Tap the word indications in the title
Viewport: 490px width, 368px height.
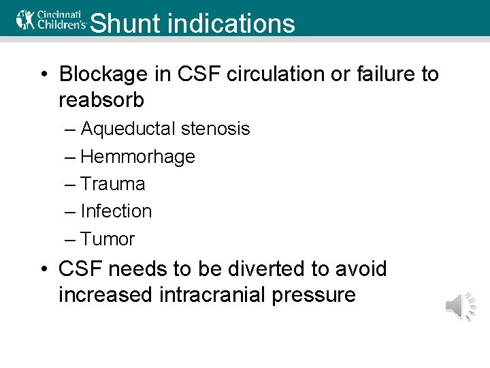pos(231,23)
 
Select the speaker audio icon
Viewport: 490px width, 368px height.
pos(461,305)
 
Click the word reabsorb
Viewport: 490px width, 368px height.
pos(101,100)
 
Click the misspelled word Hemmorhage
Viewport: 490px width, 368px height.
pos(137,157)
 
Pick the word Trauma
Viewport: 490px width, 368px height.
pos(112,184)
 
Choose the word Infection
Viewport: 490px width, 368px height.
pos(116,211)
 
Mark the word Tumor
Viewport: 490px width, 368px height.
pos(108,239)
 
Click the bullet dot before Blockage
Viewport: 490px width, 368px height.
pos(44,74)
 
